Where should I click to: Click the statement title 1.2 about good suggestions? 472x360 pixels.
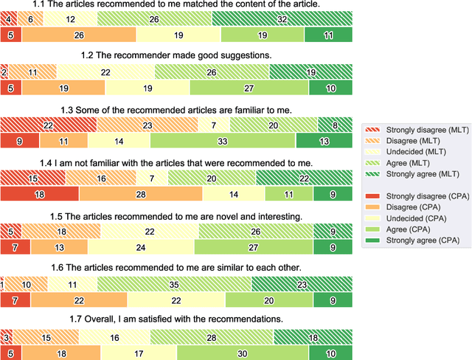click(x=176, y=55)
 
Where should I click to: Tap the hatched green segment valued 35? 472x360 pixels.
click(x=174, y=284)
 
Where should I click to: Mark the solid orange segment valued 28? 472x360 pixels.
click(x=141, y=194)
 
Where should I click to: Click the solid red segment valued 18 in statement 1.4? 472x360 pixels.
click(x=39, y=194)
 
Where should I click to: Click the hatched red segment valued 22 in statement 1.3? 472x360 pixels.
click(x=48, y=125)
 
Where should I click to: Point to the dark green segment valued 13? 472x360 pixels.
click(x=324, y=141)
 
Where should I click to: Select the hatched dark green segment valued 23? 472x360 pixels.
click(x=302, y=284)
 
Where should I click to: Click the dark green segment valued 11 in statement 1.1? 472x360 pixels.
click(x=328, y=35)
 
